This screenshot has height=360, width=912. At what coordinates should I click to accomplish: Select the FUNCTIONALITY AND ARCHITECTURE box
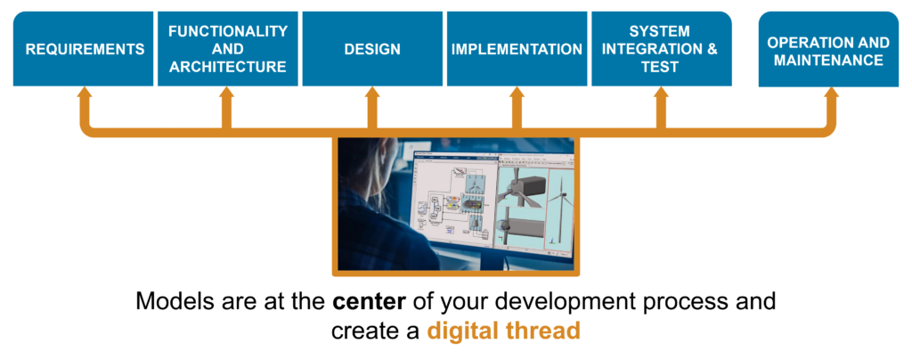[228, 49]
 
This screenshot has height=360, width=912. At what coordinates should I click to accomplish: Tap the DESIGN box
[372, 49]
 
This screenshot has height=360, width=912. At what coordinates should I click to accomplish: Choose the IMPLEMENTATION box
[517, 49]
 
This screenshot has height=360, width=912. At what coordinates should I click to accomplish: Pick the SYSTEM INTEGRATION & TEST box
[662, 49]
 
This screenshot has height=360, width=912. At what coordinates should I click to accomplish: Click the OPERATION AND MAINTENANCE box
[828, 49]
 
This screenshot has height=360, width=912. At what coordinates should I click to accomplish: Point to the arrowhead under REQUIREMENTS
[85, 93]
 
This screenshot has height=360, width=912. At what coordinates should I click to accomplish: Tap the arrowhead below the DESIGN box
[373, 93]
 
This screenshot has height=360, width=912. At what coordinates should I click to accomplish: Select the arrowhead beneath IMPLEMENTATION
[517, 93]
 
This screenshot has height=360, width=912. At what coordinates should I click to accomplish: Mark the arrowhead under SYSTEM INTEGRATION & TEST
[662, 93]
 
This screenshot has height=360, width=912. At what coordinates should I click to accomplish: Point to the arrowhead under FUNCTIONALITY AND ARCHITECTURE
[227, 93]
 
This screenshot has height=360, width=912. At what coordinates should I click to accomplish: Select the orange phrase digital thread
[504, 331]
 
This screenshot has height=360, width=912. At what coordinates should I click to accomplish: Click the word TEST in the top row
[660, 67]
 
